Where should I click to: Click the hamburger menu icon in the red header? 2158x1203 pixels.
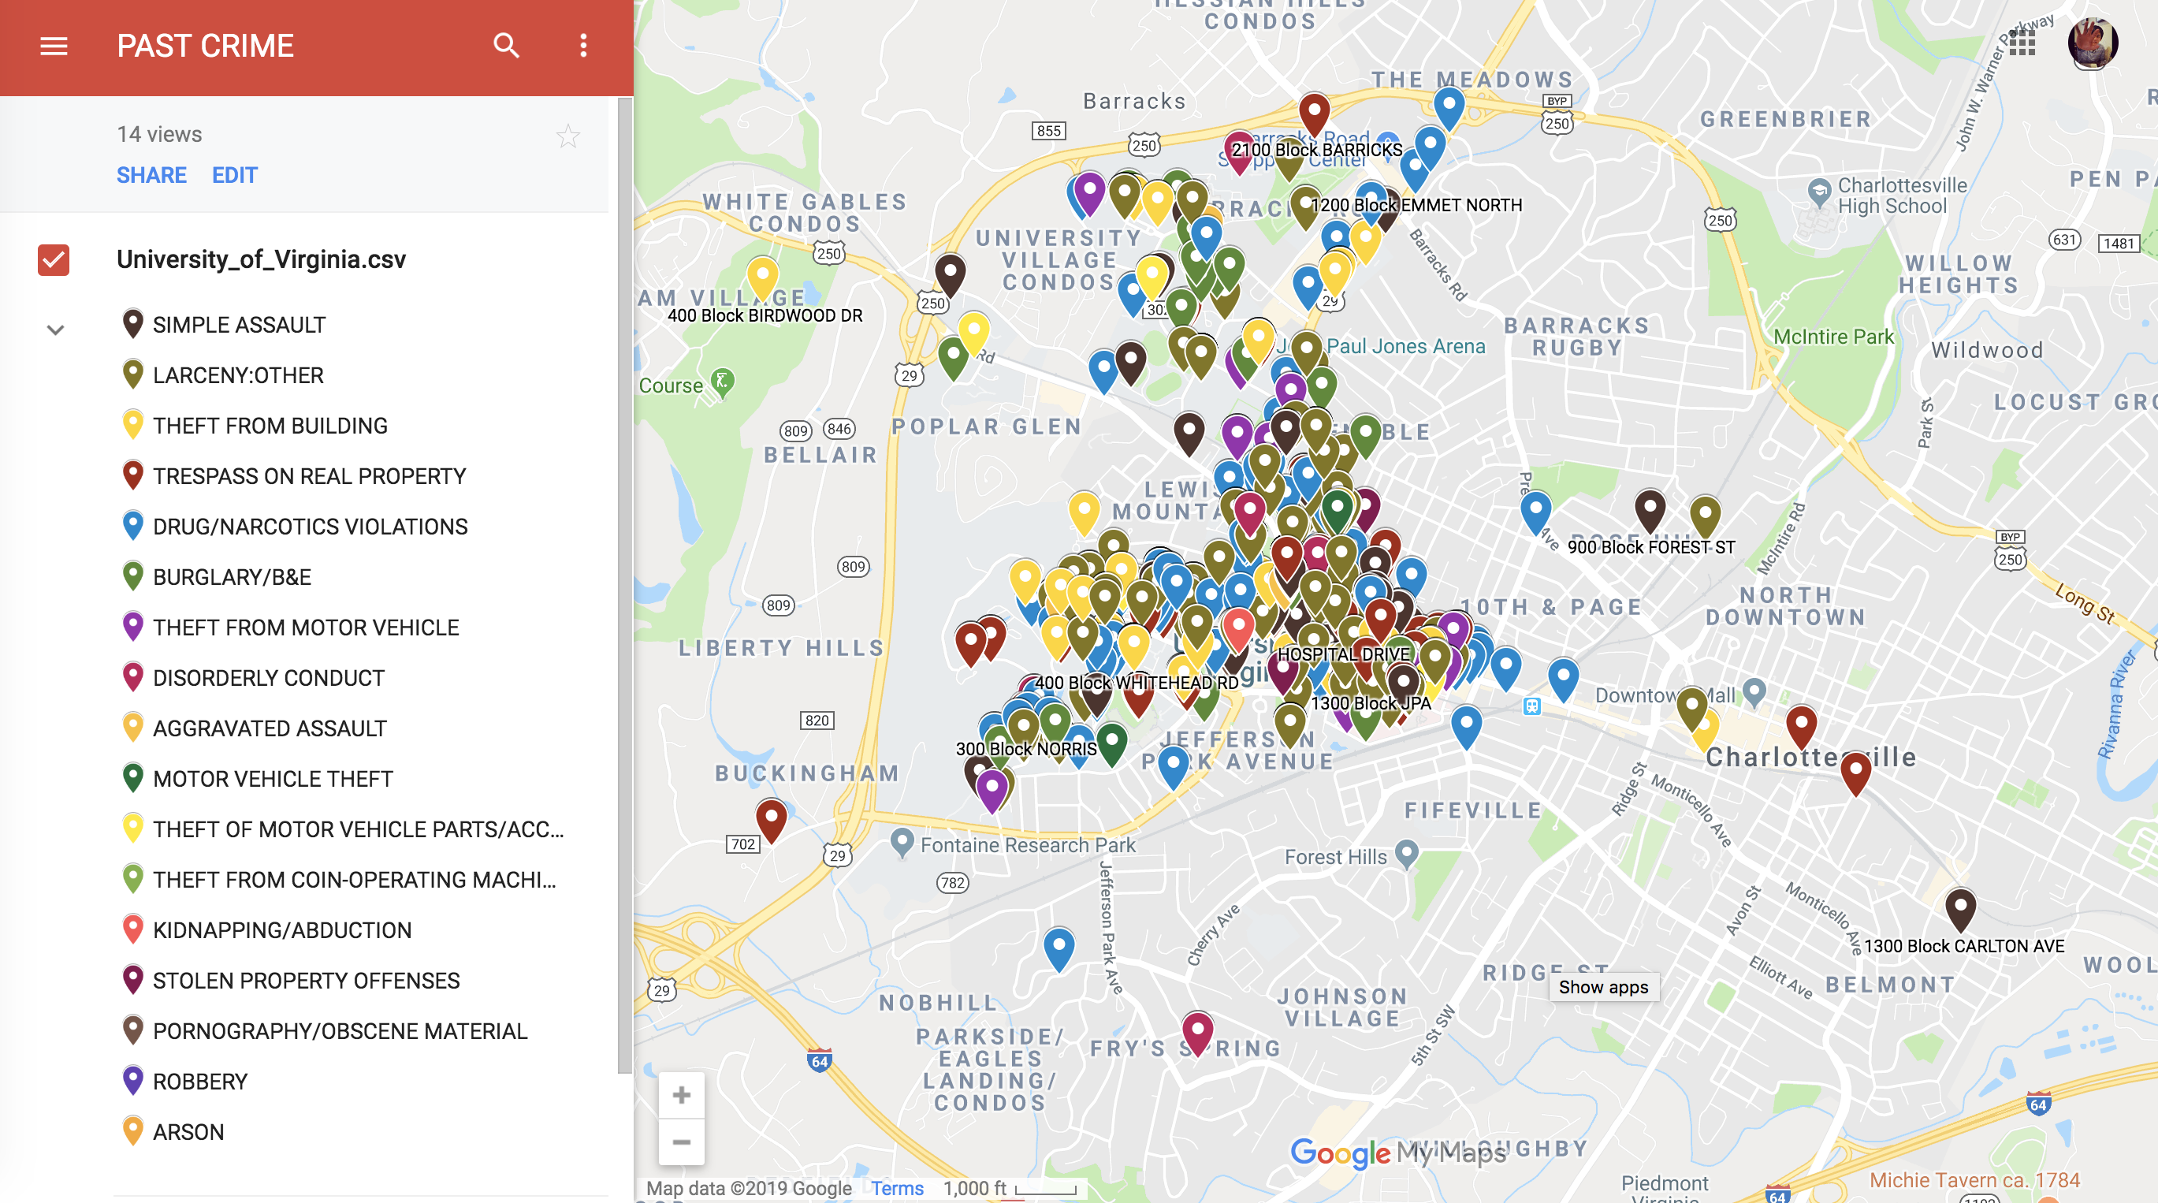(x=54, y=46)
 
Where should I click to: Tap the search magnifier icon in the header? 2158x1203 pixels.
(x=506, y=46)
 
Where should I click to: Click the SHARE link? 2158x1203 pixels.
(x=151, y=175)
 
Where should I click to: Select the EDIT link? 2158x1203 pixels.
(x=235, y=175)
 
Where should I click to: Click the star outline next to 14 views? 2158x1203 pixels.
(x=568, y=136)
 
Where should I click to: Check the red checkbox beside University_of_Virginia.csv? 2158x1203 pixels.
(x=54, y=259)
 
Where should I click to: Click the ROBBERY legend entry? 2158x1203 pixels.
(x=199, y=1082)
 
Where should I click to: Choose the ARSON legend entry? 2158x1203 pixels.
(x=188, y=1132)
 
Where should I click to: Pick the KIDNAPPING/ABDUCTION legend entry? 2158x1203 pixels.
(x=281, y=930)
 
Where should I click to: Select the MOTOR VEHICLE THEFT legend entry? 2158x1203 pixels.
(x=272, y=778)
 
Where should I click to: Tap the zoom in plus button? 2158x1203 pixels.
(x=681, y=1095)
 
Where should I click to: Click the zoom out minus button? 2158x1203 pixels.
(x=681, y=1142)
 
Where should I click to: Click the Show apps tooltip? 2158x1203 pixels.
(x=1602, y=987)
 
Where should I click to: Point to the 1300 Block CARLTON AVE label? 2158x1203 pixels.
(x=1963, y=946)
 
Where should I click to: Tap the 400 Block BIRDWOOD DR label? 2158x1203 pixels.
(x=764, y=315)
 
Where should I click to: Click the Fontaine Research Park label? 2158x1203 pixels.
(x=1027, y=844)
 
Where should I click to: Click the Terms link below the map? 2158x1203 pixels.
(x=896, y=1188)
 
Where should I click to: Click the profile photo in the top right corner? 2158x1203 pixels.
(x=2092, y=43)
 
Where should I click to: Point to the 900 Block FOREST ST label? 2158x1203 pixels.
(x=1650, y=547)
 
